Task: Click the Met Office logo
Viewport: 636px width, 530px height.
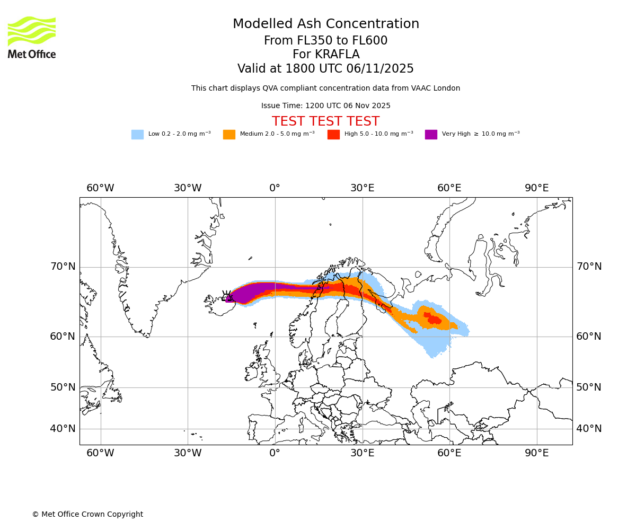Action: coord(32,37)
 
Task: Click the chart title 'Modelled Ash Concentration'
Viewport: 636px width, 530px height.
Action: coord(325,24)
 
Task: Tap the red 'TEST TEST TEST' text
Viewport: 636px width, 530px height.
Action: coord(325,121)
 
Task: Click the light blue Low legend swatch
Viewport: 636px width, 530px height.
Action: coord(137,134)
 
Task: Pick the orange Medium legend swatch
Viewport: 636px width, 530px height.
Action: coord(229,134)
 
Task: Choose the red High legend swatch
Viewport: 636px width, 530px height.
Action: coord(333,134)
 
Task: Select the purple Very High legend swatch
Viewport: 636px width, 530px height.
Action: coord(431,134)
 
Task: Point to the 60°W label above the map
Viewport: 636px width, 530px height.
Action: coord(100,188)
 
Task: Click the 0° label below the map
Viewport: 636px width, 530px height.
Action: coord(275,453)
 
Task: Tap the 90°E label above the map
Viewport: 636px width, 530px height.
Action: coord(536,188)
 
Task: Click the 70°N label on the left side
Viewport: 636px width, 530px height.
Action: coord(63,267)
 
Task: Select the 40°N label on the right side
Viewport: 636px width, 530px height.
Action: coord(589,429)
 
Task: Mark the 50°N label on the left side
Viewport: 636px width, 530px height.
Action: coord(63,387)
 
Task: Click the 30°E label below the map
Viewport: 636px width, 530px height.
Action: coord(362,453)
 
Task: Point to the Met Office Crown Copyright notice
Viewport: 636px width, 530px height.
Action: coord(87,514)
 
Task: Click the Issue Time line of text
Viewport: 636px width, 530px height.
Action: coord(325,105)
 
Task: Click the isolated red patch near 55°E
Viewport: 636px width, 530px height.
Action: coord(433,319)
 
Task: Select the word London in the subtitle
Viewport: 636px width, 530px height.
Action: coord(447,89)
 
